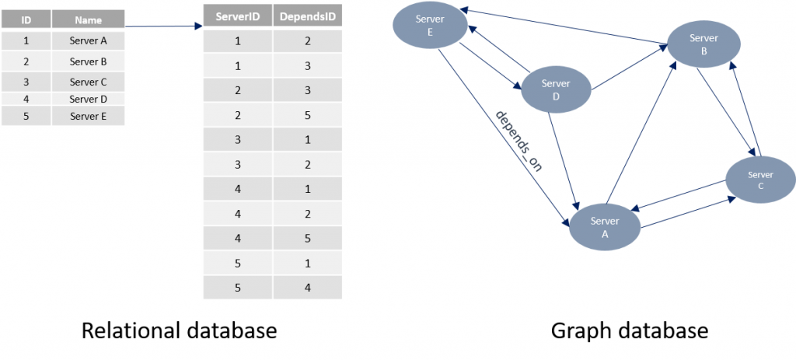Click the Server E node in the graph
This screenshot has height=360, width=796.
click(430, 26)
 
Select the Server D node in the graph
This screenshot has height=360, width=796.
click(556, 90)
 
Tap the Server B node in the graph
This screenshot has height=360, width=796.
click(703, 44)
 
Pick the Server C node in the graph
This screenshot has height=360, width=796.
click(760, 180)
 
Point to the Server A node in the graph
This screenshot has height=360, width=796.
click(605, 228)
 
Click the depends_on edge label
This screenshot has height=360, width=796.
click(518, 142)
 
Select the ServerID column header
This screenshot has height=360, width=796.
click(238, 17)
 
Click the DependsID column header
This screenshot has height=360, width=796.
click(308, 17)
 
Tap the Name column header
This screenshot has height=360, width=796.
click(89, 20)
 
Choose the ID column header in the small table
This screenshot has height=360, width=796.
click(26, 20)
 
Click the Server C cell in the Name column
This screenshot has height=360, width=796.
click(89, 82)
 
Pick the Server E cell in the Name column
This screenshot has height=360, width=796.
click(89, 117)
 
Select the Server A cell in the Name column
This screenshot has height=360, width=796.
click(89, 41)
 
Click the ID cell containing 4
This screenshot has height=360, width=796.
click(26, 99)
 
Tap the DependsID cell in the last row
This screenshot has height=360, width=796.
click(308, 288)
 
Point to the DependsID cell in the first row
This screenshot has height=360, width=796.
click(308, 41)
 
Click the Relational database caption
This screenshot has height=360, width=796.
click(180, 331)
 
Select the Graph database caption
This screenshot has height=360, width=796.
click(629, 331)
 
